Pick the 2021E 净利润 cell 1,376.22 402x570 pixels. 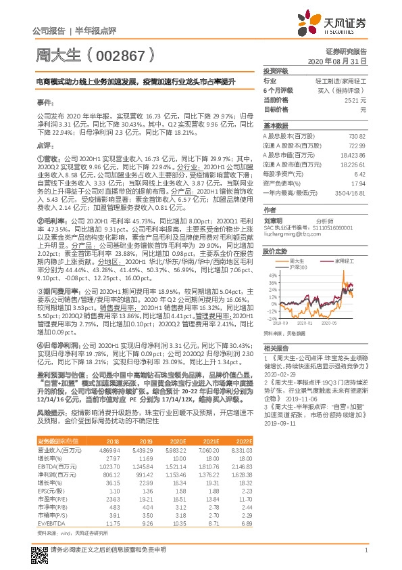[x=208, y=477]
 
